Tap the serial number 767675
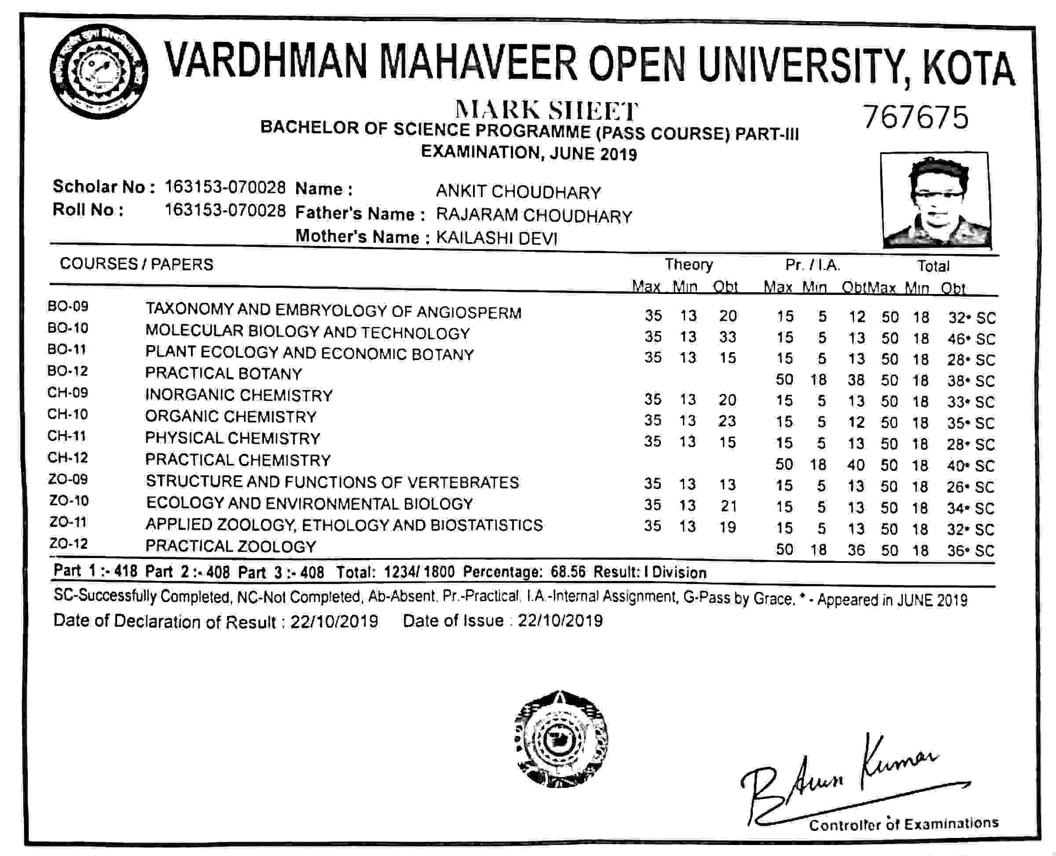click(x=916, y=118)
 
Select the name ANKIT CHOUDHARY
click(x=518, y=192)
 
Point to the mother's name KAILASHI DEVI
click(x=496, y=239)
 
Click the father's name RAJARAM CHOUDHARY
click(x=534, y=216)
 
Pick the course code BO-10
click(x=68, y=328)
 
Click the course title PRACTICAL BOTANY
click(x=224, y=373)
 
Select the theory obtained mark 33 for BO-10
click(x=727, y=337)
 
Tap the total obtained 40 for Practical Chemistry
click(x=955, y=466)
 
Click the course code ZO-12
click(x=69, y=544)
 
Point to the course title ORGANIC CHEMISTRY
click(x=231, y=417)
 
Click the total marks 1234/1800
click(x=419, y=572)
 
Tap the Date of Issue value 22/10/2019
click(x=561, y=620)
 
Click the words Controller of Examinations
click(x=904, y=824)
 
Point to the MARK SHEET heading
click(x=546, y=110)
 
